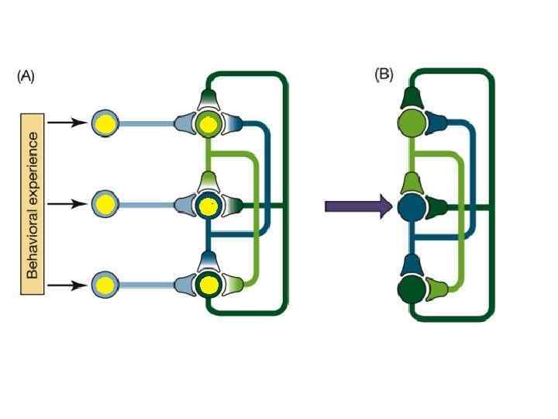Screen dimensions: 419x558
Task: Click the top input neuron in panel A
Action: (x=105, y=123)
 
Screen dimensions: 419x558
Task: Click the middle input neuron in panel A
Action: (x=105, y=205)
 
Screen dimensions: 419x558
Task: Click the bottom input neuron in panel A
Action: (x=105, y=286)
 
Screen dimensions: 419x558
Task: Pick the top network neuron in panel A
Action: (x=207, y=123)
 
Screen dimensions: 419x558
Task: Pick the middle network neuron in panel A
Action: (x=207, y=206)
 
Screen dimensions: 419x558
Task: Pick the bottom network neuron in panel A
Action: (x=207, y=286)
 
